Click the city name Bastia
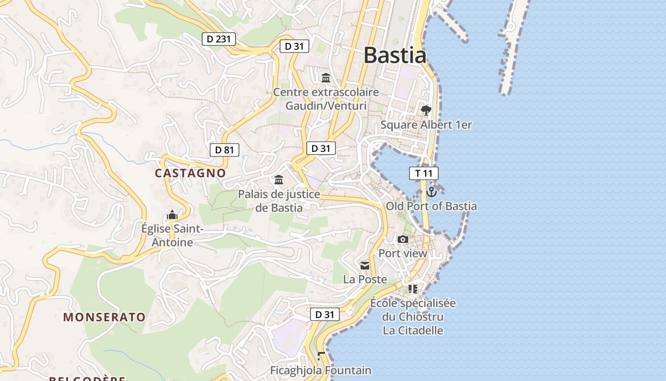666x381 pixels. point(395,55)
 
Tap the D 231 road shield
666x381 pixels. point(219,39)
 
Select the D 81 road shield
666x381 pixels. point(224,150)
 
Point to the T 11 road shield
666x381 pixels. point(423,173)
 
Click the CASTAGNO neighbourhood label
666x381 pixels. point(190,173)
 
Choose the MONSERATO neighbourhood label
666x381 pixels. point(105,317)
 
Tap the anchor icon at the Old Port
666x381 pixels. point(431,192)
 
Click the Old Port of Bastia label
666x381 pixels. point(431,206)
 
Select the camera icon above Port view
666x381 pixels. point(403,239)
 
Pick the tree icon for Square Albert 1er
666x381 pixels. point(426,110)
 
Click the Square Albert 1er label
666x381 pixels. point(426,125)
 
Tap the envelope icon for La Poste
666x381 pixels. point(365,266)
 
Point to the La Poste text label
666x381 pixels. point(365,280)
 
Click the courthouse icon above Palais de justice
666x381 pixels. point(279,180)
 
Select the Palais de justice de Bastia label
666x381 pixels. point(279,201)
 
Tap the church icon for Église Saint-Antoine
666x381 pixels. point(172,215)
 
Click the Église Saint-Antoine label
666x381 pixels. point(172,236)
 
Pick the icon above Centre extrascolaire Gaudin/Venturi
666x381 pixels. point(326,78)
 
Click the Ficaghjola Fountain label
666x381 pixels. point(321,370)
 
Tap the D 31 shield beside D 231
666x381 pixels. point(294,46)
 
